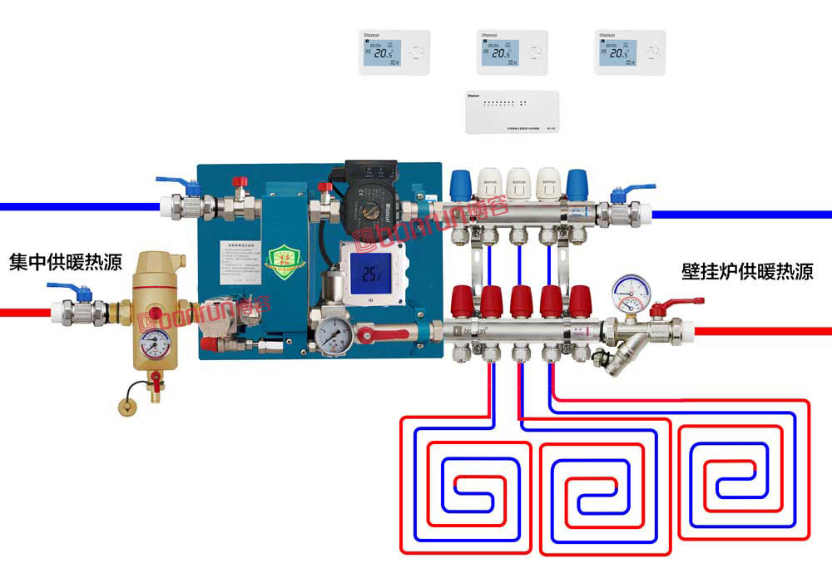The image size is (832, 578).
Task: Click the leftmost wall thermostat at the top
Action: [x=394, y=52]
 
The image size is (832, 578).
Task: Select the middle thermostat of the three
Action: [x=513, y=52]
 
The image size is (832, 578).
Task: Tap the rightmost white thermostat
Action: [x=630, y=52]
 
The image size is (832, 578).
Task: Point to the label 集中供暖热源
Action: [x=66, y=263]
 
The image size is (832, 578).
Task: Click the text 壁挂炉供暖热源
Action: [x=747, y=271]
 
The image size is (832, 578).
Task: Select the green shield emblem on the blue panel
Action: [x=280, y=259]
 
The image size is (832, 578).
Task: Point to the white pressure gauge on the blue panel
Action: [x=333, y=334]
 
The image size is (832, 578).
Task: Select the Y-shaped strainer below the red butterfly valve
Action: [x=620, y=354]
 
